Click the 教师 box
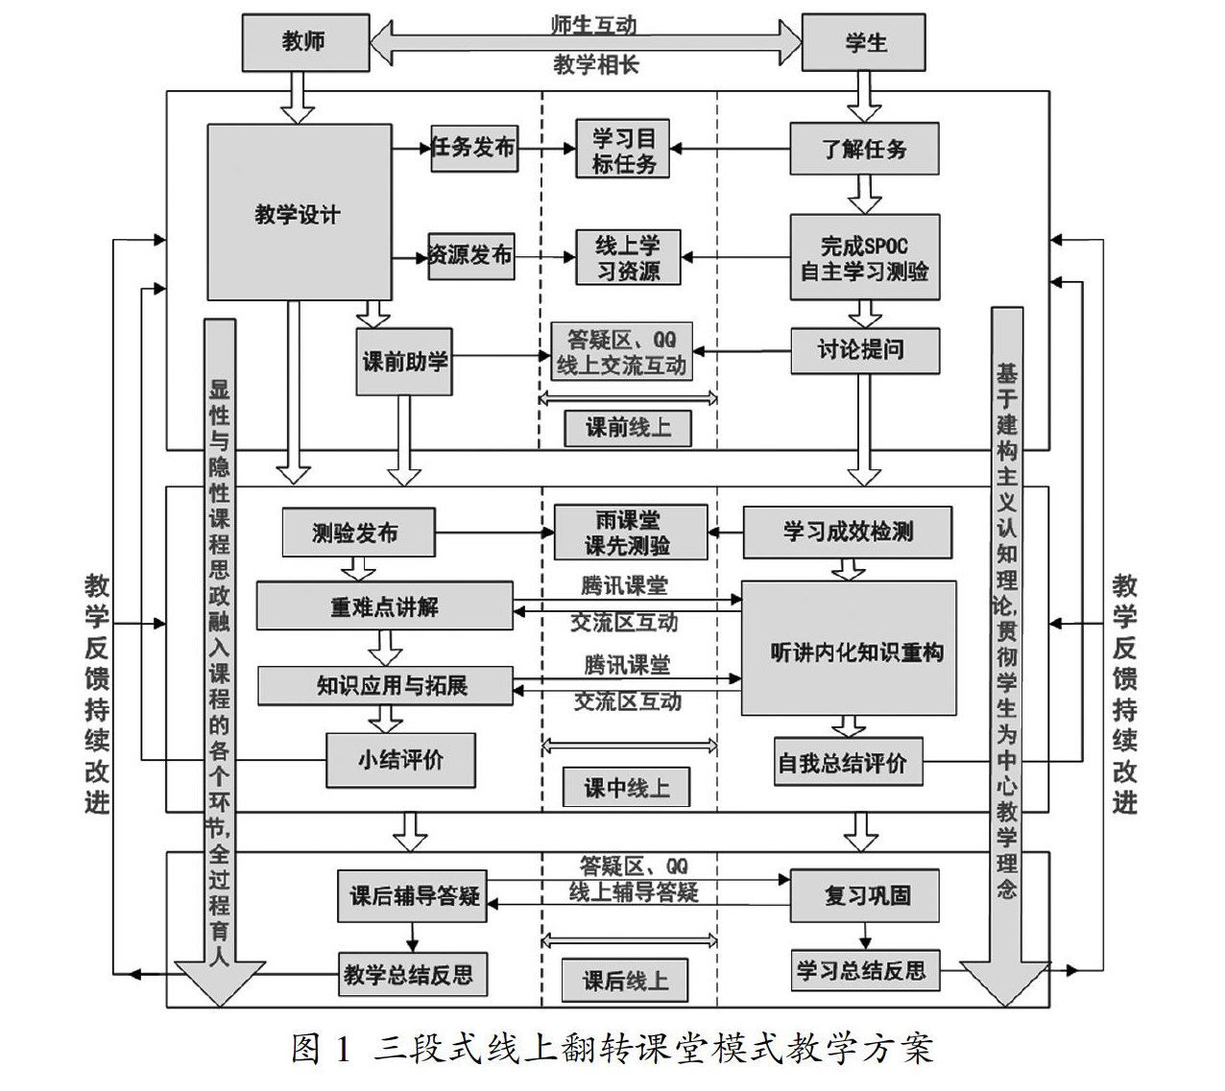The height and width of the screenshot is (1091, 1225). coord(305,42)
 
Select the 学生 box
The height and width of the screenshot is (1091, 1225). coord(863,43)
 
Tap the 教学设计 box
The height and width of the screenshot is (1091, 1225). coord(300,213)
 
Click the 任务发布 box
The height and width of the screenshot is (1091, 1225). coord(472,148)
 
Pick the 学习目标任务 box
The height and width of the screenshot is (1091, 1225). coord(623,149)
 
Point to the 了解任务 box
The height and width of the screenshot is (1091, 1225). coord(864,149)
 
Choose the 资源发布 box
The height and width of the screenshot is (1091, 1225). coord(470,255)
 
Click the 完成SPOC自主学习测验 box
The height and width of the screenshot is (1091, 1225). coord(864,257)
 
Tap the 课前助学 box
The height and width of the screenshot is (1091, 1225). coord(404,362)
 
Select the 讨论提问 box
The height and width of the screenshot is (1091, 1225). coord(864,350)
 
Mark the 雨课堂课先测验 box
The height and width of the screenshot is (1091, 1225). coord(630,533)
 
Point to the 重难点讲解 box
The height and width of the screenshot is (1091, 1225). coord(384,606)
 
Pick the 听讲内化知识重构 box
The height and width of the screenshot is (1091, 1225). coord(849,650)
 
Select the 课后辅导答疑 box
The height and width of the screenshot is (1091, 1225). coord(414,896)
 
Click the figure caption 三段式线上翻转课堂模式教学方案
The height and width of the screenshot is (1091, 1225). coord(612,1049)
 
